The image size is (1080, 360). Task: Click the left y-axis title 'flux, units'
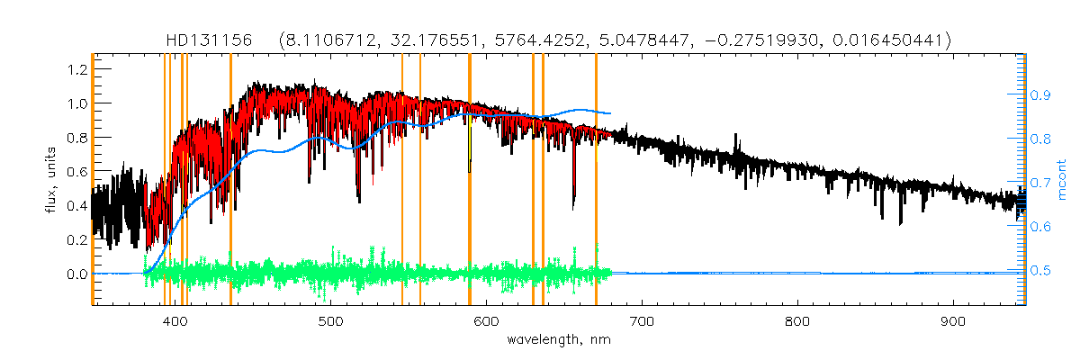[52, 179]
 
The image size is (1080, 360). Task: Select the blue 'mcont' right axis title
[1061, 179]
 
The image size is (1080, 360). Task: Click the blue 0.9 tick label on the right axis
[1040, 94]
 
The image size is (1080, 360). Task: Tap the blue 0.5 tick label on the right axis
[1040, 271]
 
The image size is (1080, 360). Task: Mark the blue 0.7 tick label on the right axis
[1040, 183]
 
